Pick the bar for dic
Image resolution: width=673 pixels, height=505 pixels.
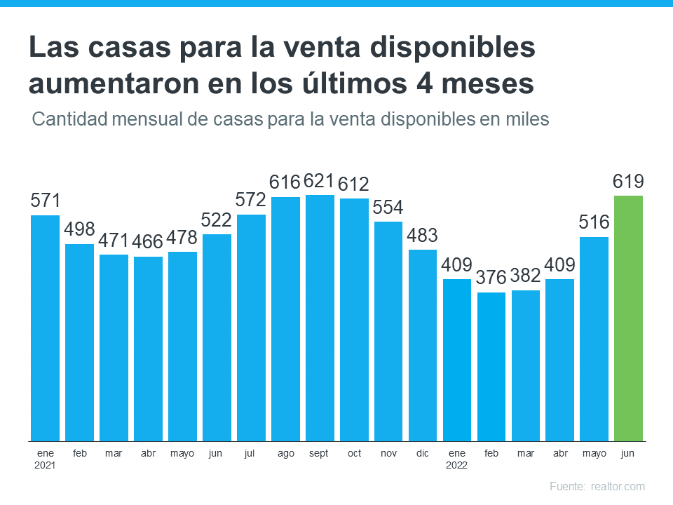pos(423,344)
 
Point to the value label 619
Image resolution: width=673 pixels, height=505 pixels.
pos(628,182)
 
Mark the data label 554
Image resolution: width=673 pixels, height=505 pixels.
pos(388,208)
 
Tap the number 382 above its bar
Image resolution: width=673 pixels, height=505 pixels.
pos(526,276)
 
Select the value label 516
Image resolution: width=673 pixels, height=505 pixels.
pos(594,223)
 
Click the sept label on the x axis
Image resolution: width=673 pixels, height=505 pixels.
pos(320,453)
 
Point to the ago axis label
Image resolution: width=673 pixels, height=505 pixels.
pos(285,453)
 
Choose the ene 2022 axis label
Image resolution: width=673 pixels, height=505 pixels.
pos(457,459)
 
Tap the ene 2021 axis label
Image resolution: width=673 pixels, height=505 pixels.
pos(45,459)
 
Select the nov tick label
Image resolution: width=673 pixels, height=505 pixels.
pos(388,453)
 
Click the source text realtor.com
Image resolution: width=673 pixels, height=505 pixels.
pos(618,486)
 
